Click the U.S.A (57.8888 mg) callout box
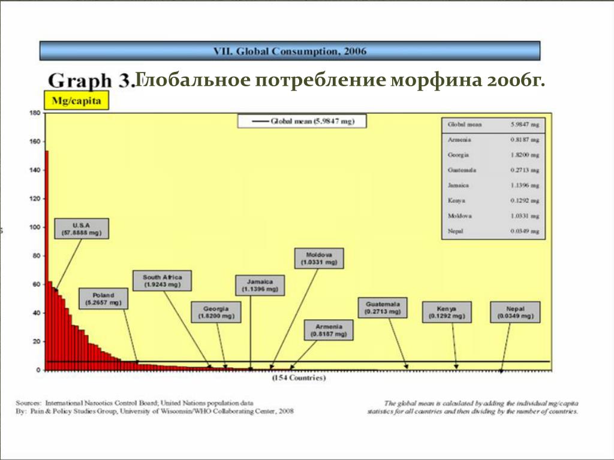82,228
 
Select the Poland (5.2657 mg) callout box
104,299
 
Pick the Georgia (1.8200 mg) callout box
216,311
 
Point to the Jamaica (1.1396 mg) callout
260,285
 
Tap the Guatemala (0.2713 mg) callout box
383,307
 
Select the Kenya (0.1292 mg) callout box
447,311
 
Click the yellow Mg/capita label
77,102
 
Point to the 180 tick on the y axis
34,113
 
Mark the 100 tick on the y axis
34,228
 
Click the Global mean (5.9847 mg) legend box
302,121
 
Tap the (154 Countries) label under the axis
299,379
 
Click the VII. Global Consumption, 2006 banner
290,51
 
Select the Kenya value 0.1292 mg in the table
526,200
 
